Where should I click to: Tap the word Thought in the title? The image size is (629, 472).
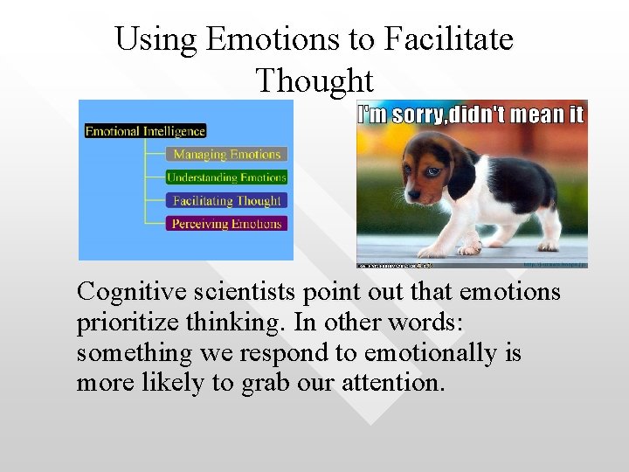point(314,80)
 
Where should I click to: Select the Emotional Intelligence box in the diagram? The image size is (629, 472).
point(145,131)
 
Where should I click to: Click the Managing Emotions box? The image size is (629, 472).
point(226,155)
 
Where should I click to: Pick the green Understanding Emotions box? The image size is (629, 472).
point(226,177)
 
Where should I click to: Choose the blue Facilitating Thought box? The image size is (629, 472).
point(226,201)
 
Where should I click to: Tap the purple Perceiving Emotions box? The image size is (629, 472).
point(226,224)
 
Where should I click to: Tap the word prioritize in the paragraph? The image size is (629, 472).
point(127,323)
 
